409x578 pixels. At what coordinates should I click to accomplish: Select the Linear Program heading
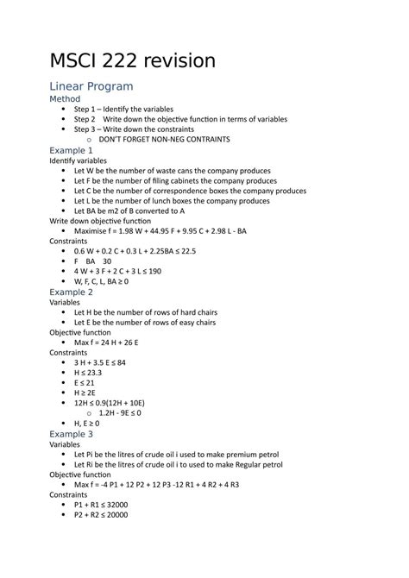[x=91, y=86]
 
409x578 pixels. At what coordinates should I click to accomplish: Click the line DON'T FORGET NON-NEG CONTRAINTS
[x=163, y=139]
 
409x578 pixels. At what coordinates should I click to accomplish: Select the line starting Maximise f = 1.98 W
[x=160, y=230]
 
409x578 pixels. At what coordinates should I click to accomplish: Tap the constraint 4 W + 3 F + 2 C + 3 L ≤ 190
[x=130, y=271]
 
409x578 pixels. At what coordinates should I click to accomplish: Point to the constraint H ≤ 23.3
[x=88, y=373]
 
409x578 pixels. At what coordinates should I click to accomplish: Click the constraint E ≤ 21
[x=85, y=382]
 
